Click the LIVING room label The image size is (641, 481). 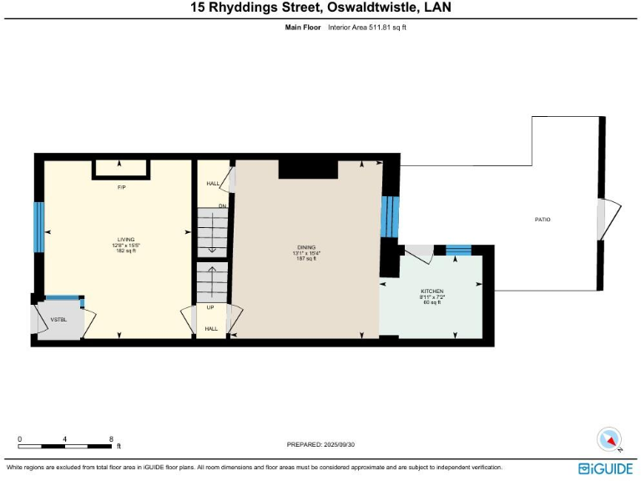[x=126, y=240]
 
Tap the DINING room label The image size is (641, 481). [x=306, y=248]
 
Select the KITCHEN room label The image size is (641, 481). [x=432, y=291]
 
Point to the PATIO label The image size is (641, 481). [x=543, y=220]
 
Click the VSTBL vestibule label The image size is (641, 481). [x=58, y=319]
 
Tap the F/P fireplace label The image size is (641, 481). [x=121, y=188]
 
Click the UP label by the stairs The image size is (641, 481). [x=210, y=307]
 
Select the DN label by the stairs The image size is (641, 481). [x=222, y=205]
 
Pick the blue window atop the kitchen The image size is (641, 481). [x=458, y=250]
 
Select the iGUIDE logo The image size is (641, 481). [x=605, y=468]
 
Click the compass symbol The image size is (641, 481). [x=610, y=439]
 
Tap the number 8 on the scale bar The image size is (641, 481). [x=111, y=438]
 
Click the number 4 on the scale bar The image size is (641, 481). [x=65, y=438]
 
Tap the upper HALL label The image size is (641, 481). [x=212, y=184]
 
